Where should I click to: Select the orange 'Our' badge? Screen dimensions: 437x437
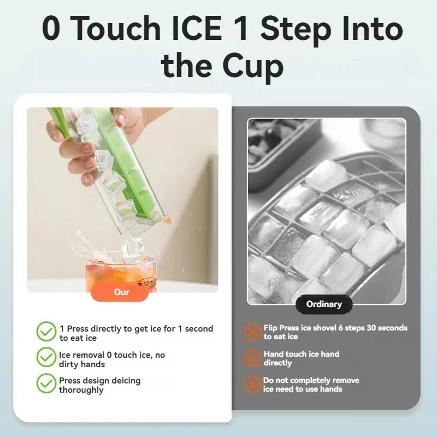point(122,292)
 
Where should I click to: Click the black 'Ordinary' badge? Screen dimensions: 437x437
point(324,304)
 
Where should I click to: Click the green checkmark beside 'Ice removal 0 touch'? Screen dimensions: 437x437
point(46,358)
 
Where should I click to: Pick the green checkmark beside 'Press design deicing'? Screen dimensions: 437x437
point(46,383)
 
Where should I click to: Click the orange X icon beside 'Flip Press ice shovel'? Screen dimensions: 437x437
point(252,332)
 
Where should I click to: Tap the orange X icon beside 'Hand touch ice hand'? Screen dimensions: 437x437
point(252,358)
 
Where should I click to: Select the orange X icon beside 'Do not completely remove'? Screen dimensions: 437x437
point(252,384)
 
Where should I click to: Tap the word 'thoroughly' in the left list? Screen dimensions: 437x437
point(81,390)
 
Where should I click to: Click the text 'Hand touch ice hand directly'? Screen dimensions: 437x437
point(301,358)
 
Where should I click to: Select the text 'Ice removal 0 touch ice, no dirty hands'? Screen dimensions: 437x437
point(111,359)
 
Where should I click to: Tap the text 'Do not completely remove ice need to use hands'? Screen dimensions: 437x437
point(311,385)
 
